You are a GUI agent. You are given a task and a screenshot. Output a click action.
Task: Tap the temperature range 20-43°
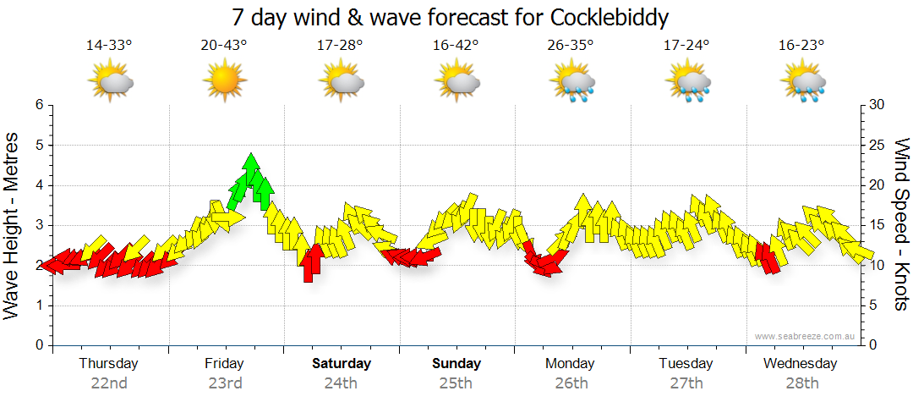pyautogui.click(x=224, y=45)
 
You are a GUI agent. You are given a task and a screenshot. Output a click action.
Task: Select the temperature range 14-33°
pyautogui.click(x=109, y=45)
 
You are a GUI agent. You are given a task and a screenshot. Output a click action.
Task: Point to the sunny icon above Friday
pyautogui.click(x=224, y=81)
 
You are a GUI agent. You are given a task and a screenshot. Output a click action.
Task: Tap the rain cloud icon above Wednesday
pyautogui.click(x=801, y=82)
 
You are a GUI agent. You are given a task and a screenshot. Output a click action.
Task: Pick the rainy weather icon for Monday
pyautogui.click(x=571, y=82)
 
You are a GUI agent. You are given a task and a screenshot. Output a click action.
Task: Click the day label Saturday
pyautogui.click(x=342, y=364)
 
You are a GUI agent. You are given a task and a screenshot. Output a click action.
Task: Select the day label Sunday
pyautogui.click(x=456, y=364)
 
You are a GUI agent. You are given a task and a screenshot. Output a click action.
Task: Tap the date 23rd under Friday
pyautogui.click(x=226, y=383)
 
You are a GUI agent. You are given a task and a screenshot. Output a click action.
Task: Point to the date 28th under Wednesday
pyautogui.click(x=801, y=383)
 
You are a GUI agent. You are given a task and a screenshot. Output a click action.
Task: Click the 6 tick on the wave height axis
pyautogui.click(x=38, y=105)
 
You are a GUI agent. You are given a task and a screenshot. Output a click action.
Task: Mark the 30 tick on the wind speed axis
pyautogui.click(x=876, y=105)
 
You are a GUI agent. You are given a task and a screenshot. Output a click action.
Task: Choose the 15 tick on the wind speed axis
pyautogui.click(x=876, y=225)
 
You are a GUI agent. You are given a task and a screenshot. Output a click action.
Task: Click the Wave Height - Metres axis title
pyautogui.click(x=13, y=225)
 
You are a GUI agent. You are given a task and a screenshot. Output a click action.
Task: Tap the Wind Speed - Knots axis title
pyautogui.click(x=901, y=225)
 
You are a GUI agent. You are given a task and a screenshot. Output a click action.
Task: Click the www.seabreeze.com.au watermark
pyautogui.click(x=806, y=336)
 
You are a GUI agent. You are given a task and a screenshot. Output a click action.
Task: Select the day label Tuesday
pyautogui.click(x=686, y=364)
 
